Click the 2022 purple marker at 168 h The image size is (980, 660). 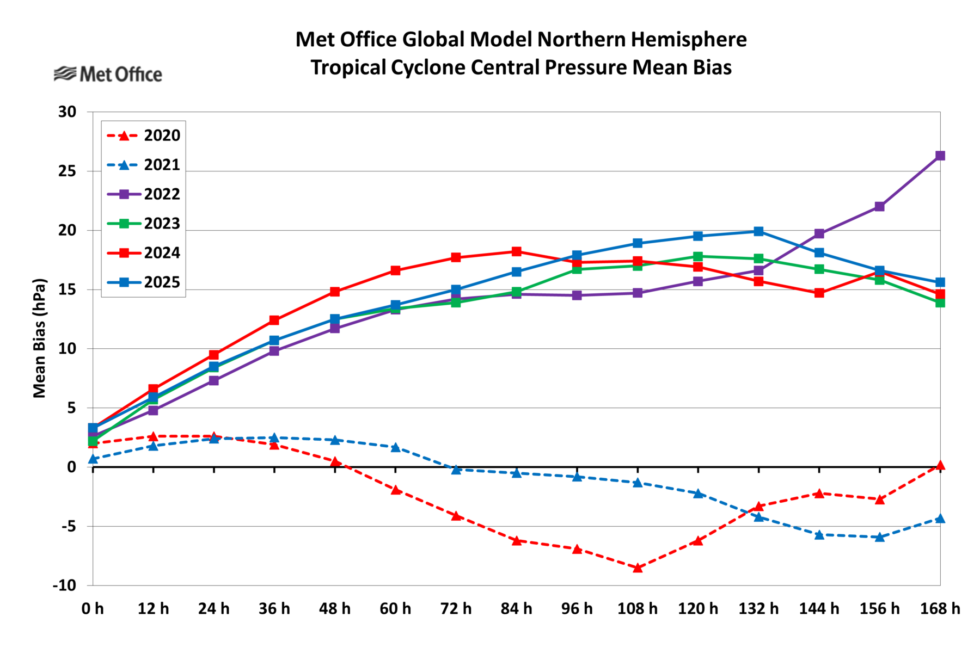tap(940, 156)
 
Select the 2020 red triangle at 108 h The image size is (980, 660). tap(638, 568)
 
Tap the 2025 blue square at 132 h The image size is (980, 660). tap(758, 231)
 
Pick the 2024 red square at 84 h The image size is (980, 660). tap(516, 251)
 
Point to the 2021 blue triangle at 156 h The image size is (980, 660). tap(879, 538)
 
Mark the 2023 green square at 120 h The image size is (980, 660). tap(698, 256)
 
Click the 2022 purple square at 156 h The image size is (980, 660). tap(879, 206)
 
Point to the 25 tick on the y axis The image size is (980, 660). tap(68, 171)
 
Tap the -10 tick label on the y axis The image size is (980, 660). tap(64, 585)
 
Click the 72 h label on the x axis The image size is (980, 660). tap(456, 609)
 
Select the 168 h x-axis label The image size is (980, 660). tap(940, 609)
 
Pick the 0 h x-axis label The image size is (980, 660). tap(93, 609)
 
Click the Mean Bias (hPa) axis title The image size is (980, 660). tap(40, 338)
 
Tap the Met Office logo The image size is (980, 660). tap(108, 74)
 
